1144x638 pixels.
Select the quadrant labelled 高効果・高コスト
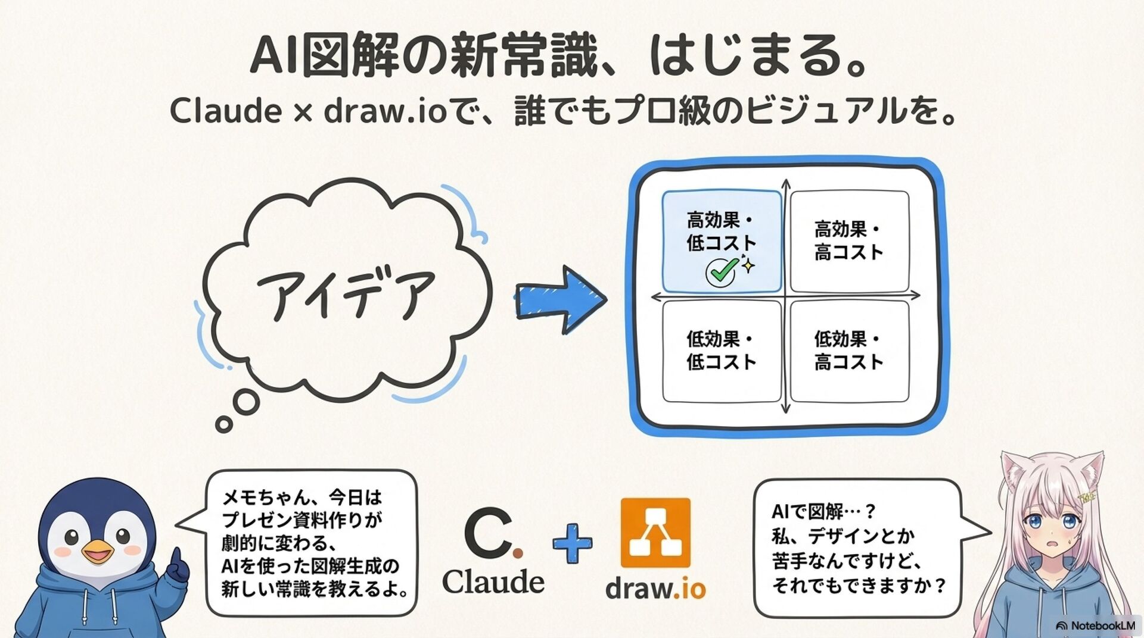[849, 240]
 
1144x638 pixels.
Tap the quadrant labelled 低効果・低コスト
[722, 351]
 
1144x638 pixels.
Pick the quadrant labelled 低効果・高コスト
[849, 351]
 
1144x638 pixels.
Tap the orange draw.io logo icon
[655, 533]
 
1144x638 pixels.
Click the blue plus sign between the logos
[573, 543]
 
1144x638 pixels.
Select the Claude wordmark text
[493, 581]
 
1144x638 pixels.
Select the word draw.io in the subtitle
[385, 111]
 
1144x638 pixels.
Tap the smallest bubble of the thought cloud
[224, 424]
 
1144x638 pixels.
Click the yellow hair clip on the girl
[1087, 496]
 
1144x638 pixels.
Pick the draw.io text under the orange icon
[655, 589]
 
